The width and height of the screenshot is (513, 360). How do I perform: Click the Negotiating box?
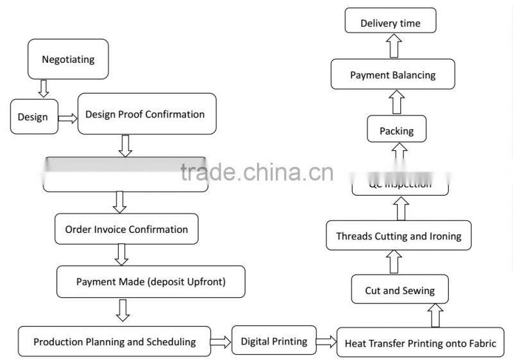68,60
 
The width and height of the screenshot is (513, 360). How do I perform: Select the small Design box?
33,117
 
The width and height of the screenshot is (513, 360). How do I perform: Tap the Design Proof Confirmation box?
146,115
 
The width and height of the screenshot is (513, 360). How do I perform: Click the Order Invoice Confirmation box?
126,230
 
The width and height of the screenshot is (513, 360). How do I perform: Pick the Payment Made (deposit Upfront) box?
151,282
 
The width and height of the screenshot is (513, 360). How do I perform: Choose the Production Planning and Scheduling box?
115,342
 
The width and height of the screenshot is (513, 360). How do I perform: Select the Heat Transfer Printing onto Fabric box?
421,343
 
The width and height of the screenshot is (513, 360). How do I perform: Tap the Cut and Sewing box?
399,291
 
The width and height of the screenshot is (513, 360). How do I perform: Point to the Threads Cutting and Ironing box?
398,236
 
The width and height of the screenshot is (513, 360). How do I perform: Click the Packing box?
396,131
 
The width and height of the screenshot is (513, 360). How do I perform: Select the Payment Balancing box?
392,75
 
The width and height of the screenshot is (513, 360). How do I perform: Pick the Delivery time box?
391,24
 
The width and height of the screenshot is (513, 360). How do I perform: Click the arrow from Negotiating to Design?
44,89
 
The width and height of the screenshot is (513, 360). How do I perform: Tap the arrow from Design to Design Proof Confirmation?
66,117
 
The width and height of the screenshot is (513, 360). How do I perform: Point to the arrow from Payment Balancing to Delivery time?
393,46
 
